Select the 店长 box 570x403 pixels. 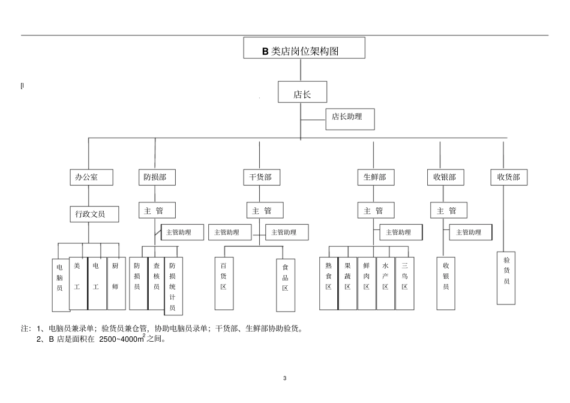(302, 94)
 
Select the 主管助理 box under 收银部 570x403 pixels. (469, 232)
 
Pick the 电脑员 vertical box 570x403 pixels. (60, 284)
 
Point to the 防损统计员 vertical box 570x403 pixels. (173, 286)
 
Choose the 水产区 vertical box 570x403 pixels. (386, 283)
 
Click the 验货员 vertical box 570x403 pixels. (506, 277)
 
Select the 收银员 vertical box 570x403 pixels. (446, 283)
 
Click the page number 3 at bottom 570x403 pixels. (285, 378)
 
